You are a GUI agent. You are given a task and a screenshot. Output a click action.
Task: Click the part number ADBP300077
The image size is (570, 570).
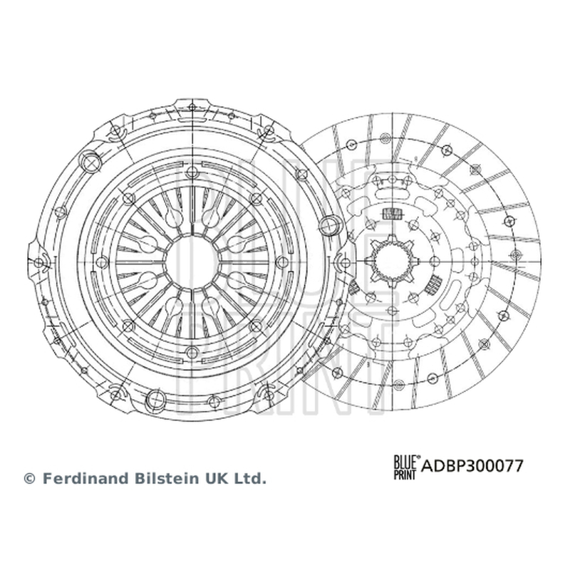point(472,466)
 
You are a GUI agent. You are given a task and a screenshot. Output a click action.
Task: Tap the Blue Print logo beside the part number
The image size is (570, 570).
point(406,467)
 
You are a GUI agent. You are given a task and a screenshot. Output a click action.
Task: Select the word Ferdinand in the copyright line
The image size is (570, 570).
point(86,478)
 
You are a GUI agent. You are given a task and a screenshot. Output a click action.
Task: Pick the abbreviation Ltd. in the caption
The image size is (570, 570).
point(251,478)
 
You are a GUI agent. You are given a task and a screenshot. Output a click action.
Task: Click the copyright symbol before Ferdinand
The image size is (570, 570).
point(29,479)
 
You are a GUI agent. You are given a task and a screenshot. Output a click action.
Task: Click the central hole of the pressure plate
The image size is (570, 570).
point(192,261)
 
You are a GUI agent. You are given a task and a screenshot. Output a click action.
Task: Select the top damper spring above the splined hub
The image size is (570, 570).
point(392,214)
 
